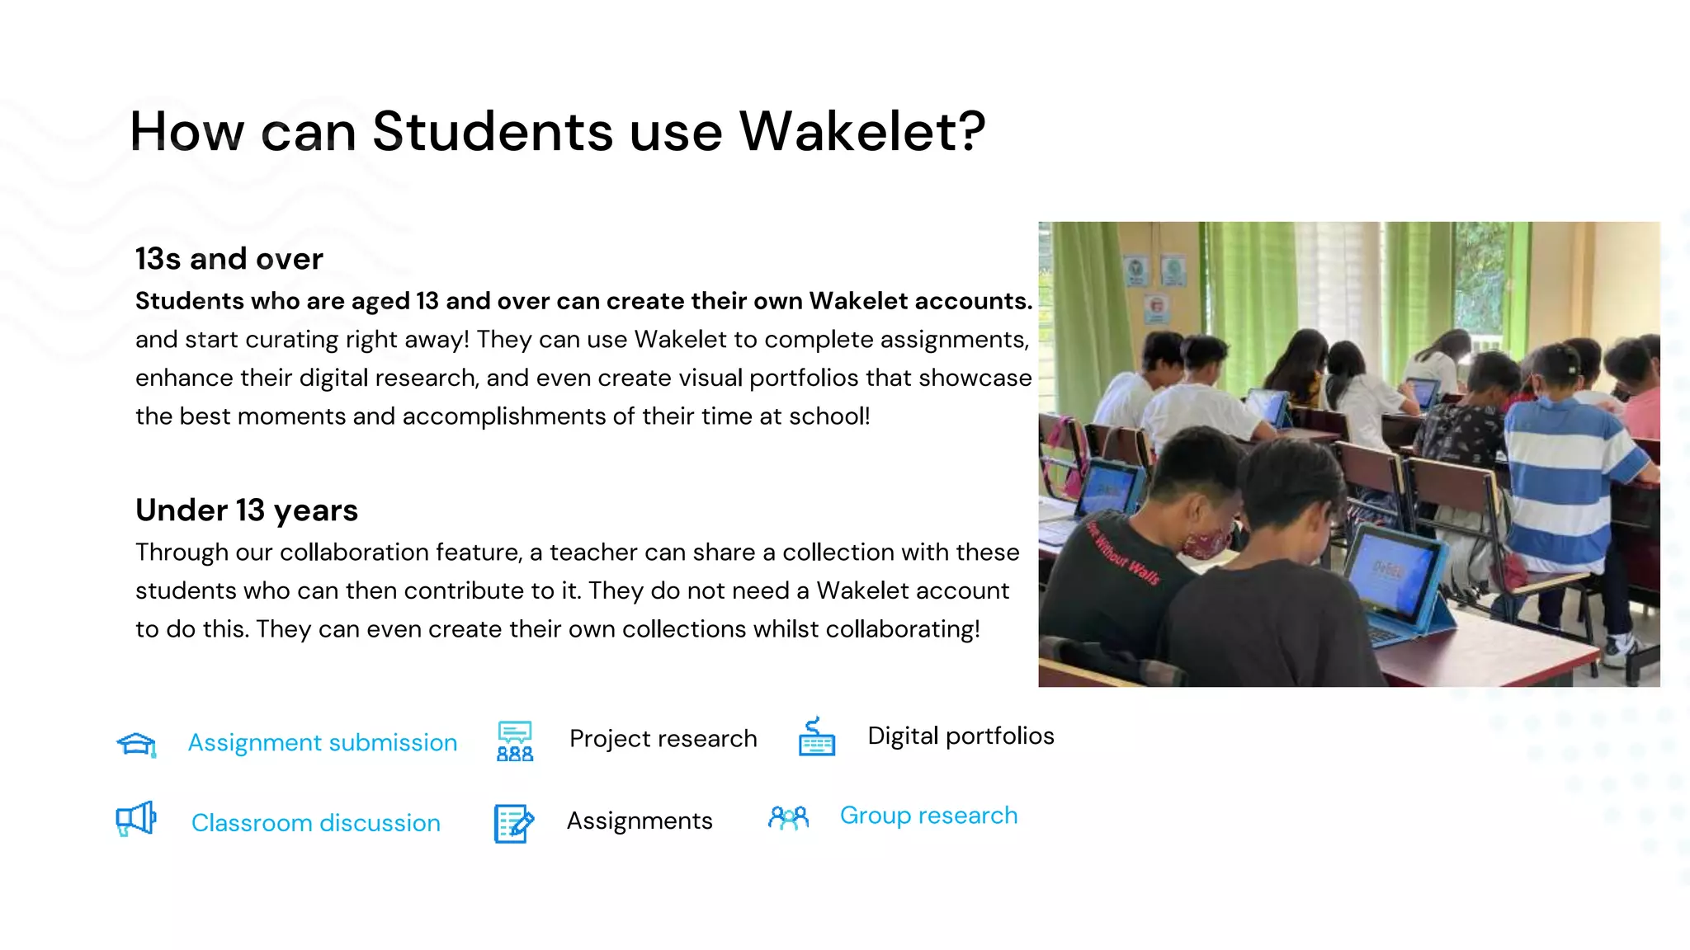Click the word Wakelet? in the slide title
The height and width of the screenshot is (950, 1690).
862,132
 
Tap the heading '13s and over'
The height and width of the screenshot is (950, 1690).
229,259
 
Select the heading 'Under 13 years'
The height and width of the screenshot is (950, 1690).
247,510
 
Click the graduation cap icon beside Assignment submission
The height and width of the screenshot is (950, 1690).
137,744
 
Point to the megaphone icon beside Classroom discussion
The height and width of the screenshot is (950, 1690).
136,819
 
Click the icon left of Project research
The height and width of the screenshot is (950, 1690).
515,741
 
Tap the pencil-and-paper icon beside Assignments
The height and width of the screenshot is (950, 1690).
513,823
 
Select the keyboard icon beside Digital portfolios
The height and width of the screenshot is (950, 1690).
816,737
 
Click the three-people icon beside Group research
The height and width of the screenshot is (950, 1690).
788,818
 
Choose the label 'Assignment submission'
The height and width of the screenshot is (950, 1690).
323,743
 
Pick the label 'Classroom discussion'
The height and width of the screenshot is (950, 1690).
316,823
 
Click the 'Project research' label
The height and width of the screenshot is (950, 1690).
663,739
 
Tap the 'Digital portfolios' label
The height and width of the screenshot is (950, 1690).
961,736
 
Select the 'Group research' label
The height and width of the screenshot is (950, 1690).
928,816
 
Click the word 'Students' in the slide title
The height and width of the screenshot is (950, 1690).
493,132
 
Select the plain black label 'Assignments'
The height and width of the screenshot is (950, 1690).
640,821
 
